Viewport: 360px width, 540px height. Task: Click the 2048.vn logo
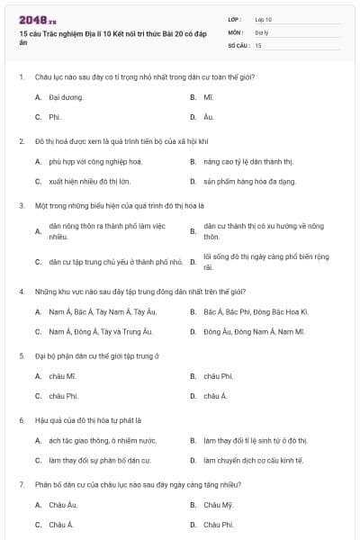tap(37, 19)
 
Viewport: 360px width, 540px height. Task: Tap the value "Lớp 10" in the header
tap(263, 18)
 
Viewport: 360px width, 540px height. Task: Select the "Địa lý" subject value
tap(261, 31)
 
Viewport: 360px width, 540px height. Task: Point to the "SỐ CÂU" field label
tap(238, 44)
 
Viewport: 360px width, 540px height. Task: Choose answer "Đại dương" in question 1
tap(66, 96)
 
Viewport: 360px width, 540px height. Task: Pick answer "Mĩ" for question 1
tap(208, 96)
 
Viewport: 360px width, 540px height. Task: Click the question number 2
tap(21, 141)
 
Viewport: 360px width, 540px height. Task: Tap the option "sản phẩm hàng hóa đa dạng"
tap(248, 181)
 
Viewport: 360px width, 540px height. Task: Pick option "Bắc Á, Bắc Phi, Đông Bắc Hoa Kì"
tap(256, 311)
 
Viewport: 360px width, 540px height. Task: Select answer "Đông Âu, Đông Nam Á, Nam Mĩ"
tap(254, 331)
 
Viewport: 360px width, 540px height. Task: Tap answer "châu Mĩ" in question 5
tap(62, 375)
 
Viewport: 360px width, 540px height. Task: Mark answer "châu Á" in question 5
tap(215, 396)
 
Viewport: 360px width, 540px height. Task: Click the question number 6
tap(21, 420)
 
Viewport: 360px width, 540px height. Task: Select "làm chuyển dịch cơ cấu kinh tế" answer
tap(253, 460)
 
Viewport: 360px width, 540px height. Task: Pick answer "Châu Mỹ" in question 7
tap(218, 504)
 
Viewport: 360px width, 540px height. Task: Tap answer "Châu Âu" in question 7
tap(63, 504)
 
